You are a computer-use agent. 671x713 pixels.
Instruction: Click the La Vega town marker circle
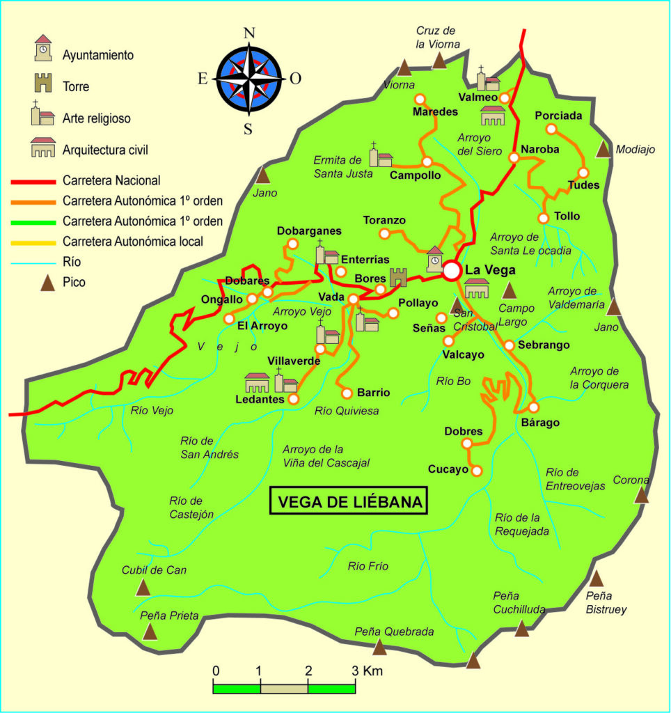[x=452, y=270]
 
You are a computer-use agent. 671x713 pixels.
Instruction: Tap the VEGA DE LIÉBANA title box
[x=349, y=501]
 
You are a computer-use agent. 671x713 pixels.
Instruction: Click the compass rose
[x=248, y=78]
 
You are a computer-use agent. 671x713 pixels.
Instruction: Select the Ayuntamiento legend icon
[x=43, y=48]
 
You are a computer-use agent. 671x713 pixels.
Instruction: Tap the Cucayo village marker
[x=477, y=471]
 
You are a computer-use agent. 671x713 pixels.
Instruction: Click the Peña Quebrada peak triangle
[x=379, y=648]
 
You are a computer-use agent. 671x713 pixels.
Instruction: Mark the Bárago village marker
[x=534, y=407]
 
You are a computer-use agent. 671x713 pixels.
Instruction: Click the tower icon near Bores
[x=398, y=277]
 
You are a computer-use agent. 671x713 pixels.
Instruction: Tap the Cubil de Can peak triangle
[x=143, y=588]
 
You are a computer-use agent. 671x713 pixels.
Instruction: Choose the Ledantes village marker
[x=293, y=399]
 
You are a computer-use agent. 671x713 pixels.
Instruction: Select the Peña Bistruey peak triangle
[x=597, y=578]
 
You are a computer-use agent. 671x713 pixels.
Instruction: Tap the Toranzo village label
[x=384, y=221]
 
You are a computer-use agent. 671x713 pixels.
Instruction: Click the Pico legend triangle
[x=47, y=283]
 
